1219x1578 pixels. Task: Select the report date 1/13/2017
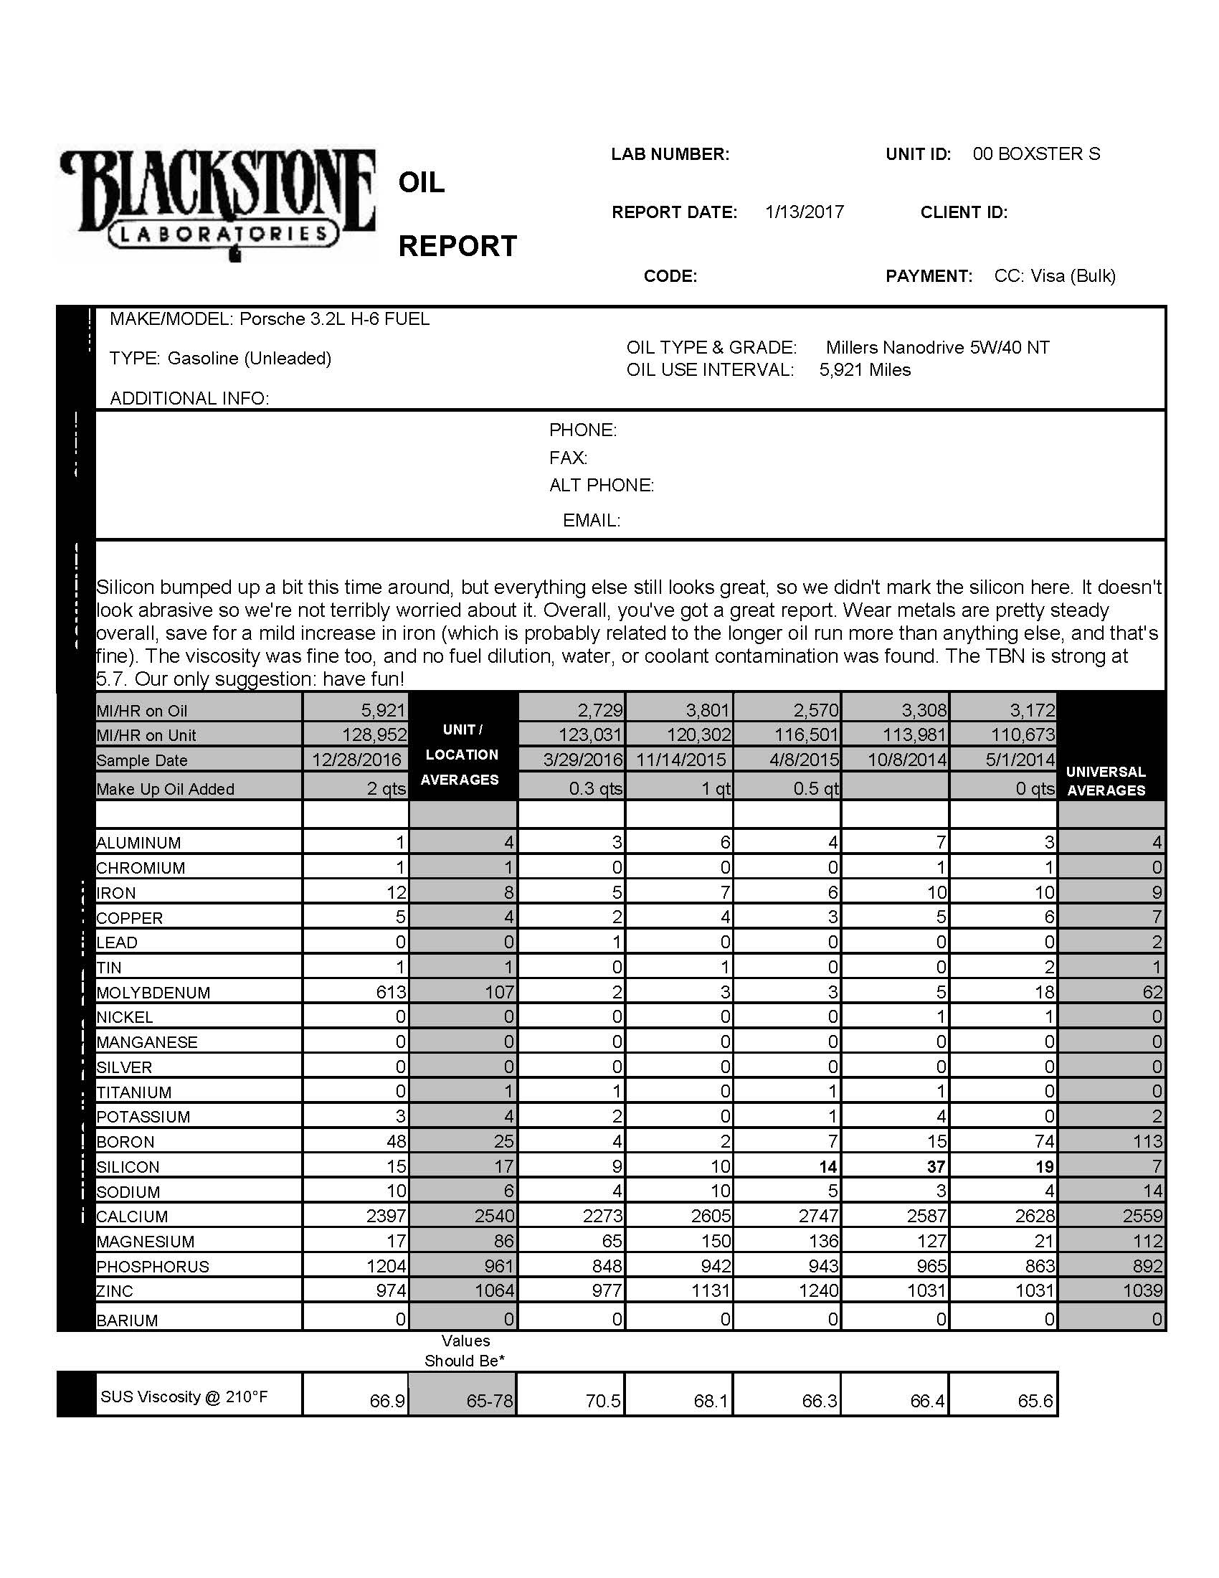[805, 212]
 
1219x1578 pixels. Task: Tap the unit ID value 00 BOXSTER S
[1035, 154]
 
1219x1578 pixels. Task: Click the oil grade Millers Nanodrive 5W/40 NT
[937, 348]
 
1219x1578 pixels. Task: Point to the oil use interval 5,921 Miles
[865, 370]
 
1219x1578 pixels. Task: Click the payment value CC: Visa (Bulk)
[1054, 276]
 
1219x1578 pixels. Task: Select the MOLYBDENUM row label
[153, 993]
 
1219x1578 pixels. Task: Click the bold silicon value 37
[936, 1166]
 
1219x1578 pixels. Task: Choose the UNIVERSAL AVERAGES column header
[1106, 781]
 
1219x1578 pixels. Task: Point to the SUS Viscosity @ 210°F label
[184, 1397]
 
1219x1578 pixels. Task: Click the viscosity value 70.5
[603, 1401]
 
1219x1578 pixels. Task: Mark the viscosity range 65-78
[489, 1401]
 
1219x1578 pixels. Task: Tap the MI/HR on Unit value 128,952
[374, 734]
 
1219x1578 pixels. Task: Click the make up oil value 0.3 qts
[595, 788]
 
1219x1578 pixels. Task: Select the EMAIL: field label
[591, 520]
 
